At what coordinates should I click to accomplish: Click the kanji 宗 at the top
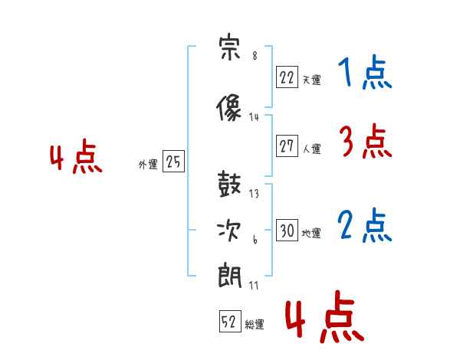tap(230, 47)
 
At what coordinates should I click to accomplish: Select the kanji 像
tap(228, 107)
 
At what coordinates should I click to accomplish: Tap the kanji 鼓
tap(229, 184)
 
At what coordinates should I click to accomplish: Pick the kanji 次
tap(228, 231)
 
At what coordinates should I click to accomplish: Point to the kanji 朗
tap(229, 276)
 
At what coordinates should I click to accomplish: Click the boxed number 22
tap(287, 77)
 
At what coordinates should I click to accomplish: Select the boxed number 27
tap(287, 146)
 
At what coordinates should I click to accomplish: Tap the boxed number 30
tap(287, 230)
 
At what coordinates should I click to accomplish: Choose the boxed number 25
tap(173, 161)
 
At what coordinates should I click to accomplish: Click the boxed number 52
tap(230, 321)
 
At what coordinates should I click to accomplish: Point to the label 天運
tap(311, 80)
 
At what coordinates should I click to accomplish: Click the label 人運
tap(311, 149)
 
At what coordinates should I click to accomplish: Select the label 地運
tap(311, 234)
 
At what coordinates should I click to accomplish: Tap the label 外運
tap(148, 164)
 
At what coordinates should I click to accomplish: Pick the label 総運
tap(255, 324)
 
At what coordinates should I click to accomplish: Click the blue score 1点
tap(365, 72)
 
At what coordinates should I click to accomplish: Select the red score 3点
tap(366, 141)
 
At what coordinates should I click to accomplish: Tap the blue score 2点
tap(365, 225)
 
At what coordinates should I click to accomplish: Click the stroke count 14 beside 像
tap(254, 117)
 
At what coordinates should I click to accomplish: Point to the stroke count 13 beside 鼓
tap(254, 194)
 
